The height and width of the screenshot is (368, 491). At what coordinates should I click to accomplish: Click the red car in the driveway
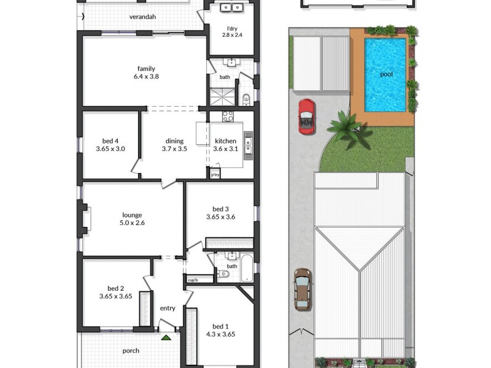click(306, 115)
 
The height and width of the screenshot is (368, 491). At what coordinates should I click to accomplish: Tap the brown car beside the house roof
click(302, 289)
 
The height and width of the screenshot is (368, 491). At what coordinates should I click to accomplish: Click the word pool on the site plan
click(386, 74)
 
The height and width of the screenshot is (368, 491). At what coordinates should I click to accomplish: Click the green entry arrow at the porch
click(166, 337)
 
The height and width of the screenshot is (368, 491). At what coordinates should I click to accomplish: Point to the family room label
click(146, 69)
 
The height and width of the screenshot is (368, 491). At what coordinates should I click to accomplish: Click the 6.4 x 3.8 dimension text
click(146, 77)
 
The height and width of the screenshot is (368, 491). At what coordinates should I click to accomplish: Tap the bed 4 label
click(111, 141)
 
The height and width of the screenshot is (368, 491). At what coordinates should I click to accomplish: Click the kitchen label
click(225, 141)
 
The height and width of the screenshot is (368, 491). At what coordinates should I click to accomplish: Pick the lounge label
click(132, 215)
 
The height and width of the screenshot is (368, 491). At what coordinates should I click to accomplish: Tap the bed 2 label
click(116, 288)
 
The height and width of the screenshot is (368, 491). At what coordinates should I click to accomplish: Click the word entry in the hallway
click(168, 309)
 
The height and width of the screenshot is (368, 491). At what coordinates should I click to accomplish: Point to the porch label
click(131, 351)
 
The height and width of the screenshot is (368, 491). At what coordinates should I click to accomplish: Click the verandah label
click(142, 17)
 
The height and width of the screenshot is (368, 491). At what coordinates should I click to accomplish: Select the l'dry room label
click(233, 27)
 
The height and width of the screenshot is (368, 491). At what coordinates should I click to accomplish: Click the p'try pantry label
click(215, 175)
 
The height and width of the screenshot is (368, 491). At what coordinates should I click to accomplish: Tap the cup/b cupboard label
click(193, 280)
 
